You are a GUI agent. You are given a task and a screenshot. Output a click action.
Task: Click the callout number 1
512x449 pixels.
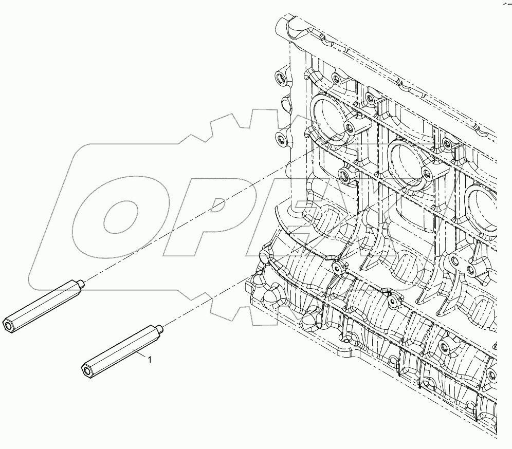pos(150,360)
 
